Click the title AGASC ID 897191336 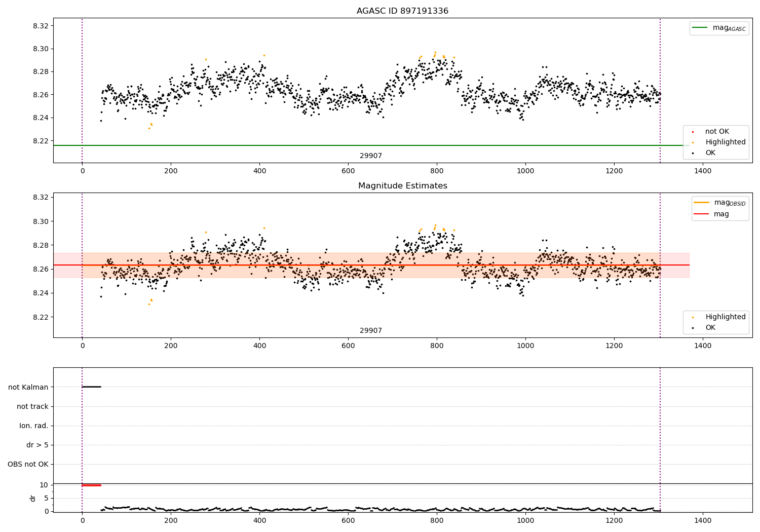tap(402, 11)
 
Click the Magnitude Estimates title tap(402, 186)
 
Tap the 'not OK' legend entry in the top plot tap(717, 132)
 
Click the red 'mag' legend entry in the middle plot tap(721, 214)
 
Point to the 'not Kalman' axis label tap(28, 388)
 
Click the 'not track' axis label tap(32, 407)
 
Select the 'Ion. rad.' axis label tap(33, 426)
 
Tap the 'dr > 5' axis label tap(37, 445)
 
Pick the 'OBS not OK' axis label tap(28, 465)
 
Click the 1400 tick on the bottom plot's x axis tap(703, 520)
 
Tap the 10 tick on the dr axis tap(44, 485)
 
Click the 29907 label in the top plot tap(371, 156)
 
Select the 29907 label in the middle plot tap(371, 331)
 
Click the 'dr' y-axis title tap(33, 499)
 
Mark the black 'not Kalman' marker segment tap(91, 387)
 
